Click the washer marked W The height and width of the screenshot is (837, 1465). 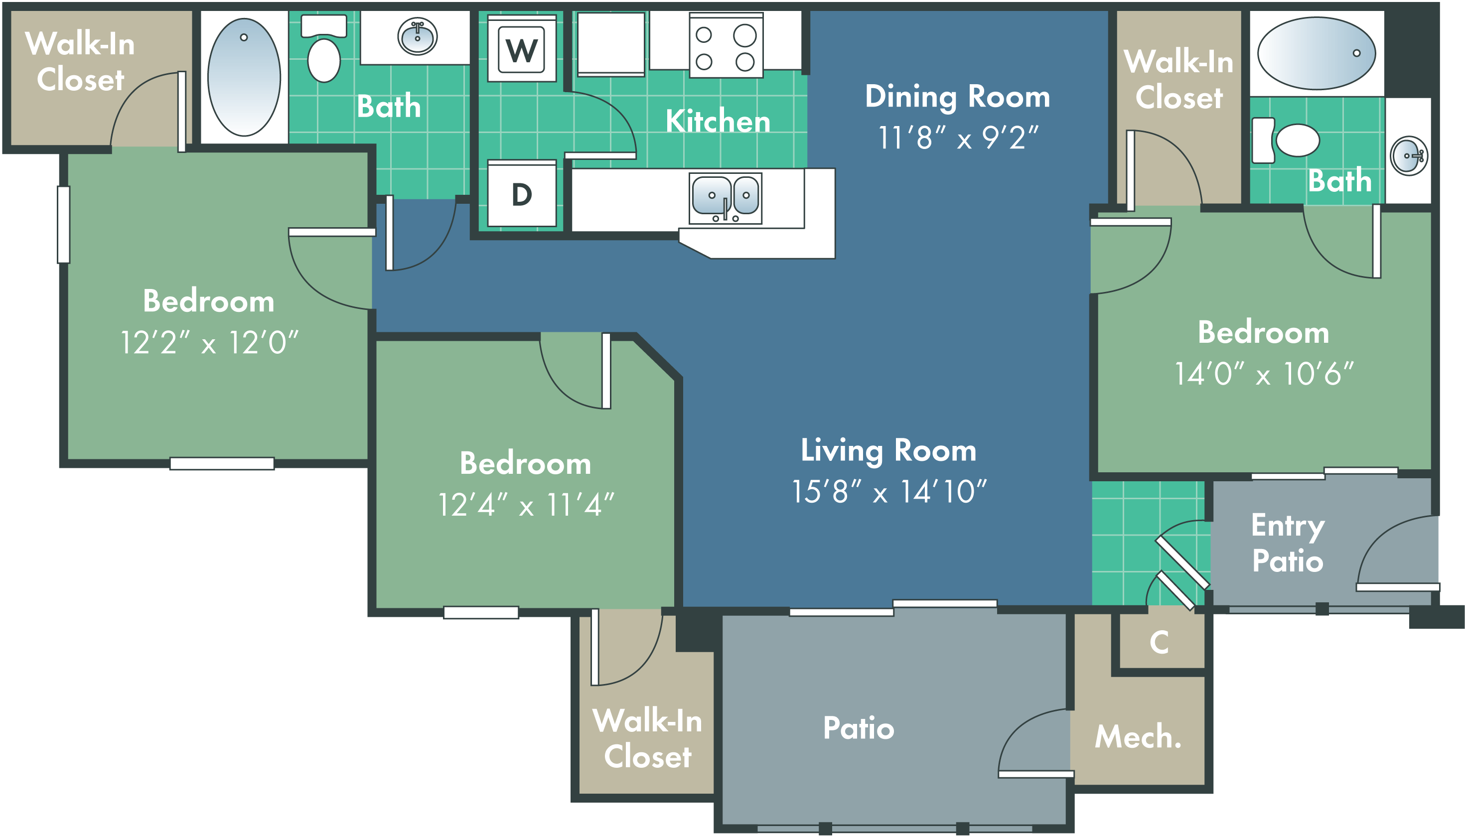522,48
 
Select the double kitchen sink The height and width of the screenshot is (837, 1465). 726,198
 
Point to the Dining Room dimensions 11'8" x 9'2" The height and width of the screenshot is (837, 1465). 958,138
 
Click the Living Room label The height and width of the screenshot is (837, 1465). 889,451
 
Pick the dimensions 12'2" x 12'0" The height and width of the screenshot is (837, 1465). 209,343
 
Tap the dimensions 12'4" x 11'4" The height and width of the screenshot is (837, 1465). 526,505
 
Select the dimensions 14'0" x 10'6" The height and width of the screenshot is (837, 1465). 1264,374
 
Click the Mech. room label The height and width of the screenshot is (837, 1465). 1138,736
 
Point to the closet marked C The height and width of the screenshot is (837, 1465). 1159,642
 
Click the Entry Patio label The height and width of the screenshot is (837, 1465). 1288,543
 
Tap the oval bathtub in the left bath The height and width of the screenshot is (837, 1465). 244,77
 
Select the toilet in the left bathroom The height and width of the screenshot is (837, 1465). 324,48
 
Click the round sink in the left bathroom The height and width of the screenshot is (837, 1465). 418,36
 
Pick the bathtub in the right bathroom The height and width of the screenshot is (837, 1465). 1317,53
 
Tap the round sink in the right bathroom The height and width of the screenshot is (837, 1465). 1409,156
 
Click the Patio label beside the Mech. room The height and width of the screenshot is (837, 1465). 859,728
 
